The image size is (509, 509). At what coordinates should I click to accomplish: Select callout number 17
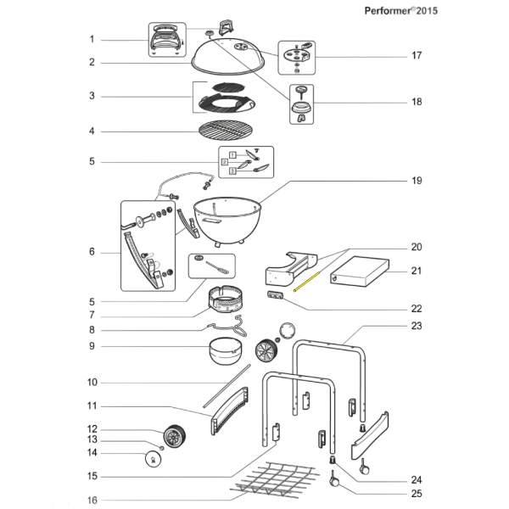(417, 57)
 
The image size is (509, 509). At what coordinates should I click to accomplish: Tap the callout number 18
(417, 102)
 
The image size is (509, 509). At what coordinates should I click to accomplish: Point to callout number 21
(417, 271)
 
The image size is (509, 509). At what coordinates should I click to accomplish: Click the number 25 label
(417, 493)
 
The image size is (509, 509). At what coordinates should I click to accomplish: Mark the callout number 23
(417, 326)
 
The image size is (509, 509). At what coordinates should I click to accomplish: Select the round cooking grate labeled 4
(225, 131)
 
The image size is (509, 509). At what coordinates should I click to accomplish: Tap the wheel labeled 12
(173, 438)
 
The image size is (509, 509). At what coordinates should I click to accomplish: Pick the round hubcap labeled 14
(153, 459)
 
